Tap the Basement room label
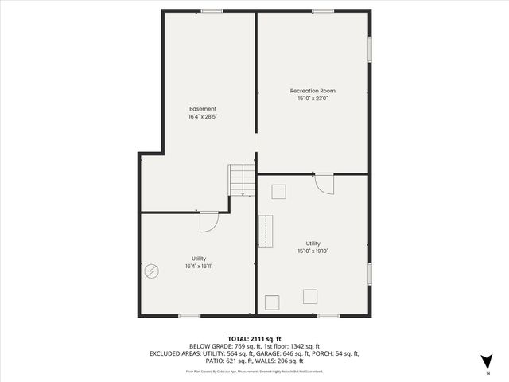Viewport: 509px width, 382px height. point(202,108)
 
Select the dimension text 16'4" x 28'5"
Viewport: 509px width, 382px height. point(202,116)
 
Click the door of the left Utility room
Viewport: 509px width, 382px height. point(208,221)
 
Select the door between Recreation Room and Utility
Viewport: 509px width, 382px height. point(324,183)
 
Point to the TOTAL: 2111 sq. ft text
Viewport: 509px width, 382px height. point(254,337)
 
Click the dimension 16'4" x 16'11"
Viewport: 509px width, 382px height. point(199,267)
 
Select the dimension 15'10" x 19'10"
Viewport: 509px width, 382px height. point(313,251)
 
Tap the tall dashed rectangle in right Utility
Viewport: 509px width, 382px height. point(265,232)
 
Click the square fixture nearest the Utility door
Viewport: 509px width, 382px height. point(278,191)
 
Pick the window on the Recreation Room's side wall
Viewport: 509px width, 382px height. point(370,48)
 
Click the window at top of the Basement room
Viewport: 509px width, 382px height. point(212,10)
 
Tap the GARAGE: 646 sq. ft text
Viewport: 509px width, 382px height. point(297,353)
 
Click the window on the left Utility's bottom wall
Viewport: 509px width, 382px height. point(188,316)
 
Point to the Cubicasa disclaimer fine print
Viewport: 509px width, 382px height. point(254,371)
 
